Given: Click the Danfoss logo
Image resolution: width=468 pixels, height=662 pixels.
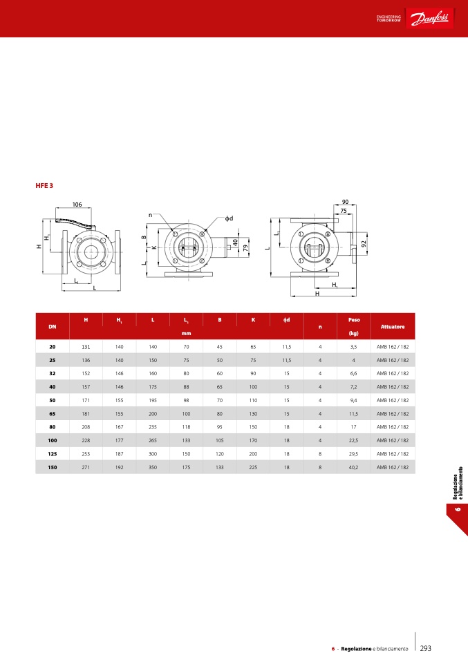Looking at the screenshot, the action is [429, 19].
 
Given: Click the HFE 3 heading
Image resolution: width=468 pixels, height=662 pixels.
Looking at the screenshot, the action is [44, 186].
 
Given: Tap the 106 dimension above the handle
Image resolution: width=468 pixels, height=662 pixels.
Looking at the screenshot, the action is [77, 205].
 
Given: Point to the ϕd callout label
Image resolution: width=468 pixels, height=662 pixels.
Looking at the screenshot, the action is [229, 218].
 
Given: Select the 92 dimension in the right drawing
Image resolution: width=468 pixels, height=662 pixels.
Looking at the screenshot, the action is [364, 244].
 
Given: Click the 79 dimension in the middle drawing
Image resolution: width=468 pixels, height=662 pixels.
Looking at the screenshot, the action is [245, 248].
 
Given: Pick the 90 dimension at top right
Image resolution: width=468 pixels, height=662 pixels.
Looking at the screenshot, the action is [345, 202].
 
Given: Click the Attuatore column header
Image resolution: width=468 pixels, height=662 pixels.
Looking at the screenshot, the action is [393, 327].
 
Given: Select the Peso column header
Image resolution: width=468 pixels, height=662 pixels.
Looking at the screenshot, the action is [354, 320].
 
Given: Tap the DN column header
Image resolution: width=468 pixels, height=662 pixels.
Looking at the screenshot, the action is [53, 327].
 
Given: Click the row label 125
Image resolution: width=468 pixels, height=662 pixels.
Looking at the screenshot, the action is [53, 454].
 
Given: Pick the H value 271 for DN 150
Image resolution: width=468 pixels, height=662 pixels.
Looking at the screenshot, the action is [86, 467].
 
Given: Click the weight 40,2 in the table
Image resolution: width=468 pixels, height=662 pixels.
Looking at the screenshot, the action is [353, 467].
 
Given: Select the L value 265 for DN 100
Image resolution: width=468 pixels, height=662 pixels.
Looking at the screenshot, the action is [153, 440].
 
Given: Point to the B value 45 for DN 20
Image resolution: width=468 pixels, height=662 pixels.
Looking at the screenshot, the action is [220, 347].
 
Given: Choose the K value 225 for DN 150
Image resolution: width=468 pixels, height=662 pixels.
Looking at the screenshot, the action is [253, 467].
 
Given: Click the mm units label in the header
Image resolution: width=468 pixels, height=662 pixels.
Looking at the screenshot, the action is [186, 334].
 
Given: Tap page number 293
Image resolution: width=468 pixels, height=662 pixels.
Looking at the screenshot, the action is [426, 648].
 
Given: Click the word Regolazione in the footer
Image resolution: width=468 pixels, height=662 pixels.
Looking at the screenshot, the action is [356, 649].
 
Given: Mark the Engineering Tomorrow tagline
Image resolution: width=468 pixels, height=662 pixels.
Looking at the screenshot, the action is [389, 19].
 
